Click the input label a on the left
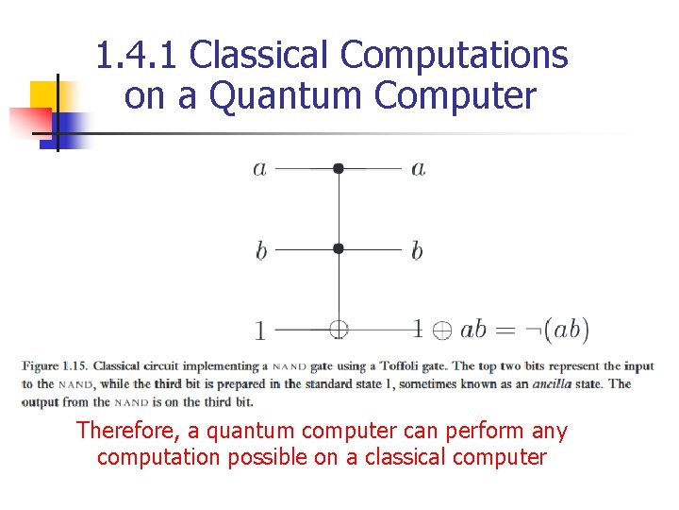(259, 169)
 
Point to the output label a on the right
(418, 169)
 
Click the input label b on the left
(260, 250)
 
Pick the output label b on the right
(417, 250)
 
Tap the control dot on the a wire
(339, 169)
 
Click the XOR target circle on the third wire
(339, 330)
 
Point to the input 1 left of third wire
(259, 331)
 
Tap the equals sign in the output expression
(506, 331)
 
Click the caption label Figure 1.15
(55, 366)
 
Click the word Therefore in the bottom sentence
(121, 432)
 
